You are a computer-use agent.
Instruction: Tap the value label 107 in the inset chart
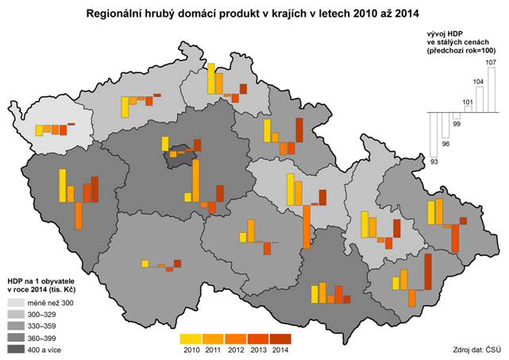[x=490, y=61]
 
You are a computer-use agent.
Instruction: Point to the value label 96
[x=445, y=144]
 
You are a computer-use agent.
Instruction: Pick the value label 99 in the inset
[x=456, y=125]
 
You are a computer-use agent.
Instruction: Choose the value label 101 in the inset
[x=468, y=103]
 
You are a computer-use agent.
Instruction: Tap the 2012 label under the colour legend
[x=236, y=350]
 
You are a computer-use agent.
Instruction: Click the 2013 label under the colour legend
[x=259, y=350]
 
